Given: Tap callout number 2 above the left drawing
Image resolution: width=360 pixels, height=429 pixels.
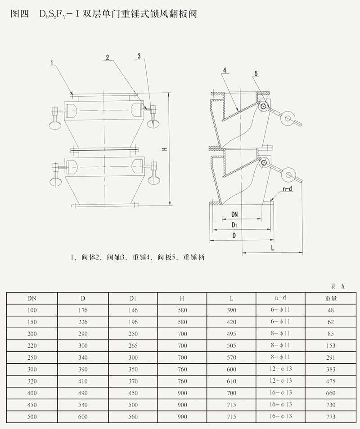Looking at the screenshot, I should [108, 57].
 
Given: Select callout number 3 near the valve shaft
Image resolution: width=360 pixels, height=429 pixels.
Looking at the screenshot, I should [139, 56].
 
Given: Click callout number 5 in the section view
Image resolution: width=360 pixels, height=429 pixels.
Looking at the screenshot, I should [256, 74].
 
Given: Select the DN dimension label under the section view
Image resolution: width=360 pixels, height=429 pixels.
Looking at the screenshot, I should [235, 214].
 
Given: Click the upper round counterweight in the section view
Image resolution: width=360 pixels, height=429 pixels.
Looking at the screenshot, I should [286, 118].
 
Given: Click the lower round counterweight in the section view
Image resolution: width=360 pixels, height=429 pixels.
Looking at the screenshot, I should [286, 172].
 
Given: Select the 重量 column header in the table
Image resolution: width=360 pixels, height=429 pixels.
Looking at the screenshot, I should [331, 298].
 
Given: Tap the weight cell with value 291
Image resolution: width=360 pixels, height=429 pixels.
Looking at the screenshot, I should [331, 357].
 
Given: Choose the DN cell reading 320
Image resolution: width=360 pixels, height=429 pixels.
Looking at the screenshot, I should [32, 381].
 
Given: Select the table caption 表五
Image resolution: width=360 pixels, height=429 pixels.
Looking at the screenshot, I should [337, 286].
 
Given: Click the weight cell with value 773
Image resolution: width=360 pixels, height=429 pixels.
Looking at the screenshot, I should [331, 416].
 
